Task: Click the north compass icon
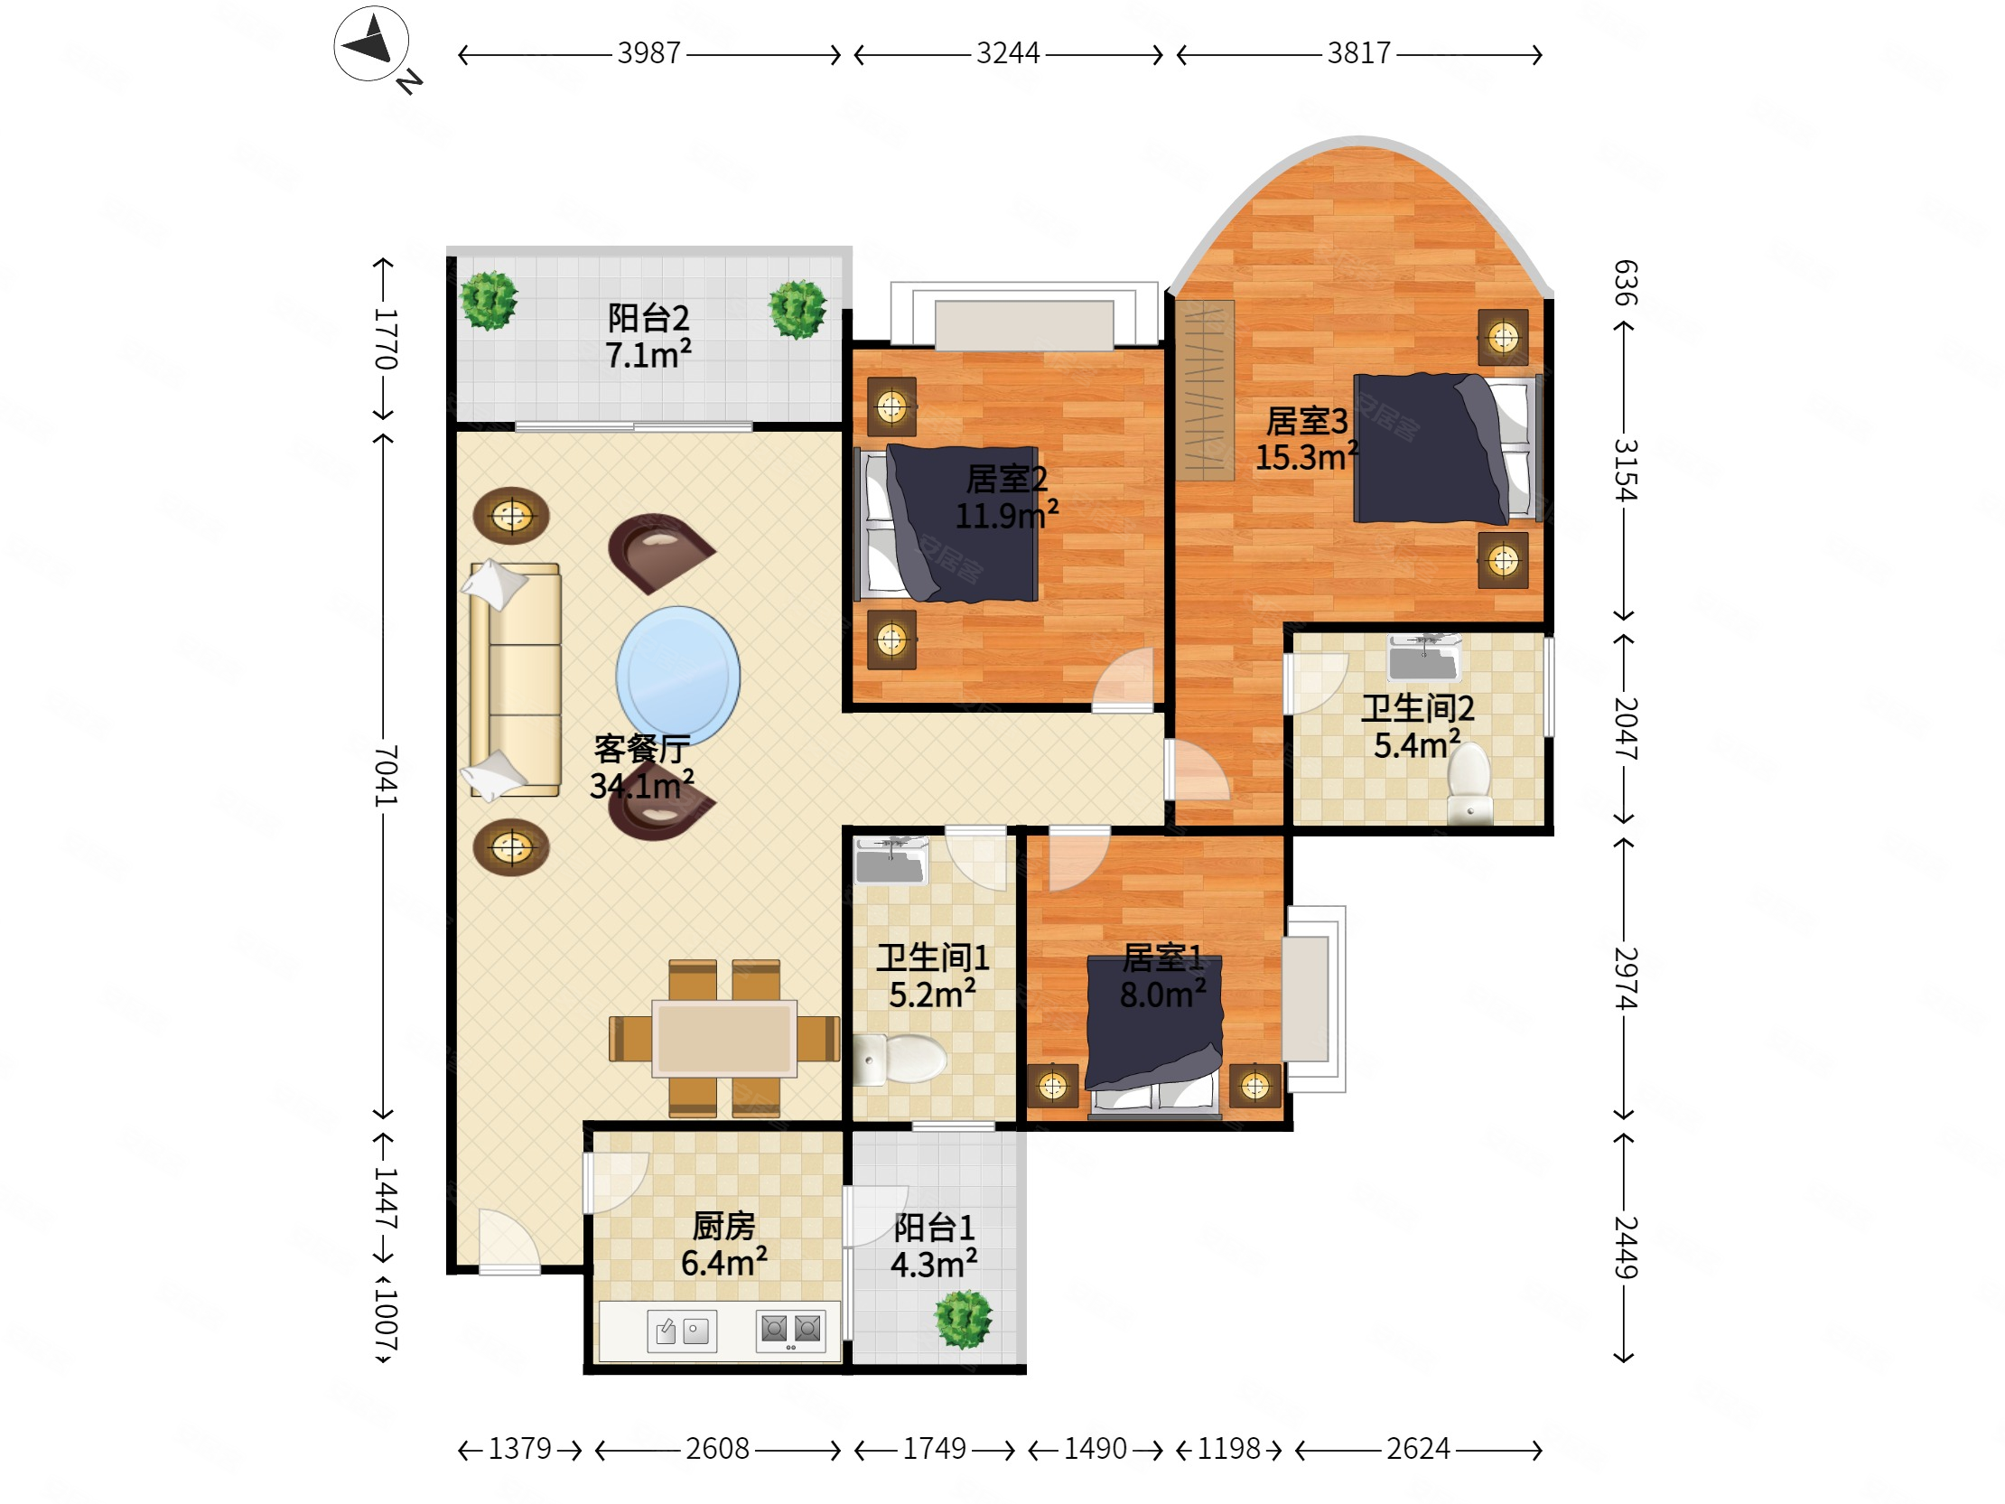[x=371, y=43]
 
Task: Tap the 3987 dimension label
[x=648, y=53]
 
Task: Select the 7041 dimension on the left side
[x=386, y=776]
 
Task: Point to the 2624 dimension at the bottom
[x=1418, y=1449]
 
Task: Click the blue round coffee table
[x=678, y=676]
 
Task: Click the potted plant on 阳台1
[x=964, y=1319]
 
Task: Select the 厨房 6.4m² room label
[x=724, y=1244]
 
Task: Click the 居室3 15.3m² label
[x=1306, y=439]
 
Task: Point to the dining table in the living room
[x=724, y=1038]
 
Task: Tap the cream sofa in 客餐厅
[x=513, y=680]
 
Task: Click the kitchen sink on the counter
[x=682, y=1331]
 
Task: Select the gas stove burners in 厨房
[x=790, y=1331]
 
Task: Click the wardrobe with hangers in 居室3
[x=1205, y=390]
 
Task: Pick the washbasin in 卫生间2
[x=1423, y=658]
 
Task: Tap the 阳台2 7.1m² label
[x=648, y=336]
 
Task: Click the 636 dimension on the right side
[x=1625, y=283]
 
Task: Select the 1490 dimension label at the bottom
[x=1095, y=1449]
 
